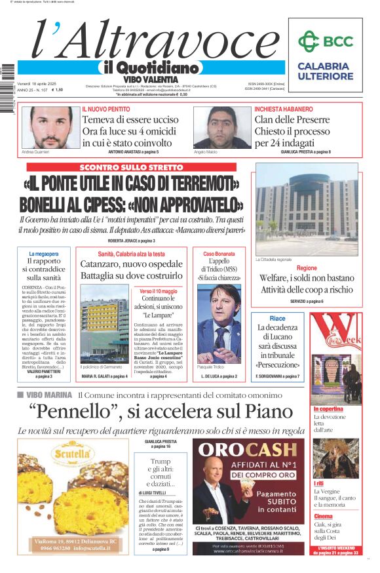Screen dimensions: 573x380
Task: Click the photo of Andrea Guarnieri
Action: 50,127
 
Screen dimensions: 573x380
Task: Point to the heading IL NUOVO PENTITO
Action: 105,109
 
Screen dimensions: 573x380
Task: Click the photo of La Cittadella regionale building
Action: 307,210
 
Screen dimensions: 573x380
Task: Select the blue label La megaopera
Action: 44,254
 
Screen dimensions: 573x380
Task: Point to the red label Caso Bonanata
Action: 218,254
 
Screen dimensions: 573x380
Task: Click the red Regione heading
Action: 307,268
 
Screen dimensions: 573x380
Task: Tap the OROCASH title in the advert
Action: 248,450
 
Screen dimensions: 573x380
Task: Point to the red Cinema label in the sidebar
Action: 323,516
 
